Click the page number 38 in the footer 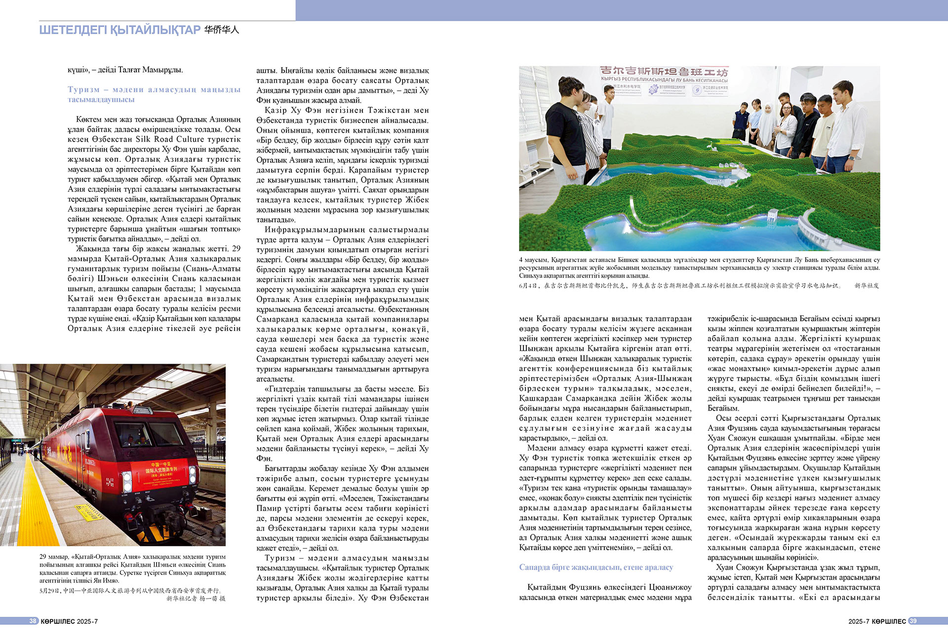pyautogui.click(x=33, y=621)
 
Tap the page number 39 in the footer pyautogui.click(x=912, y=621)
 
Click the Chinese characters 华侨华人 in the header pyautogui.click(x=222, y=30)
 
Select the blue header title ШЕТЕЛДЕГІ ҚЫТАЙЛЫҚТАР pyautogui.click(x=119, y=30)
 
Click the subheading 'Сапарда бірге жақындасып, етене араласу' pyautogui.click(x=596, y=567)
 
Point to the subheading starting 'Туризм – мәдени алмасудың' pyautogui.click(x=154, y=94)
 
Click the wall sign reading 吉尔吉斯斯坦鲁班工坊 pyautogui.click(x=663, y=72)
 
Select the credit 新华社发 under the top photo pyautogui.click(x=867, y=286)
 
